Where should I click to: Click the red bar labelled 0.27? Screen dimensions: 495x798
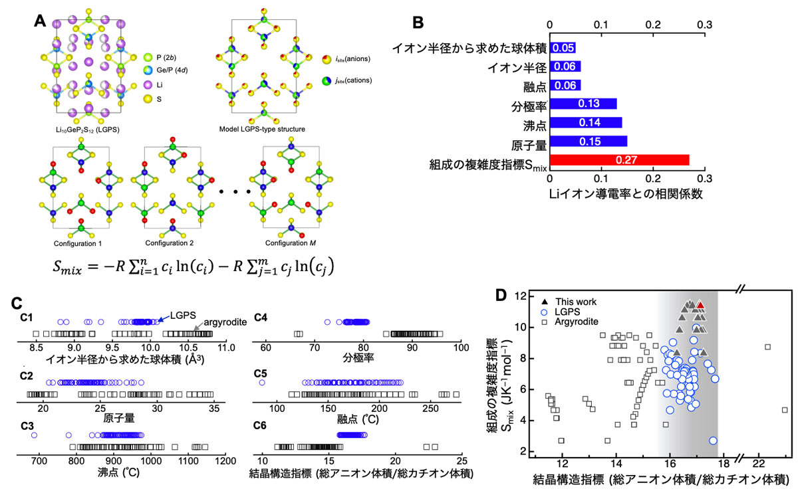pyautogui.click(x=619, y=159)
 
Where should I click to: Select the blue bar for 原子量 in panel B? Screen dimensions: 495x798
pyautogui.click(x=588, y=141)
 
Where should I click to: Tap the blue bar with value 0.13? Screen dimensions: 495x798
pyautogui.click(x=583, y=104)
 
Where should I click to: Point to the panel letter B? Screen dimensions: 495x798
pyautogui.click(x=418, y=23)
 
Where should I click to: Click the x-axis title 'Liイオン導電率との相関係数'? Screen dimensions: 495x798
pyautogui.click(x=626, y=193)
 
